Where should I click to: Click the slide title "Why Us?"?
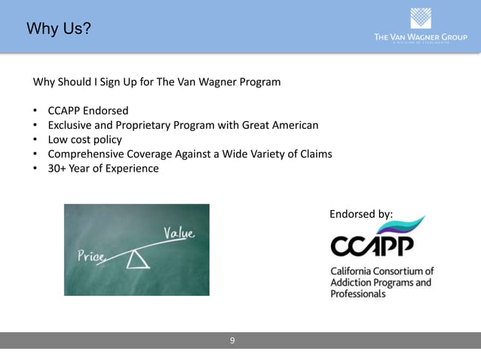click(59, 29)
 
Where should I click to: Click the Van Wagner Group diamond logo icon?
click(421, 18)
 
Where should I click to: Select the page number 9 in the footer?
click(232, 340)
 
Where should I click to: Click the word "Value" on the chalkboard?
click(179, 233)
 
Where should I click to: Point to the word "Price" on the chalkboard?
click(90, 257)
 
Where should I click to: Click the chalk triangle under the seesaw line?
click(137, 261)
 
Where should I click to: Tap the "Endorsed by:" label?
click(361, 214)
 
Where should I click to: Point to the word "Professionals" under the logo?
click(358, 294)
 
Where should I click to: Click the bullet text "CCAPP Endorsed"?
click(88, 110)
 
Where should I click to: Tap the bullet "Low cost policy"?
click(84, 139)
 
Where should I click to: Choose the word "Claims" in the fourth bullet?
click(314, 154)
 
